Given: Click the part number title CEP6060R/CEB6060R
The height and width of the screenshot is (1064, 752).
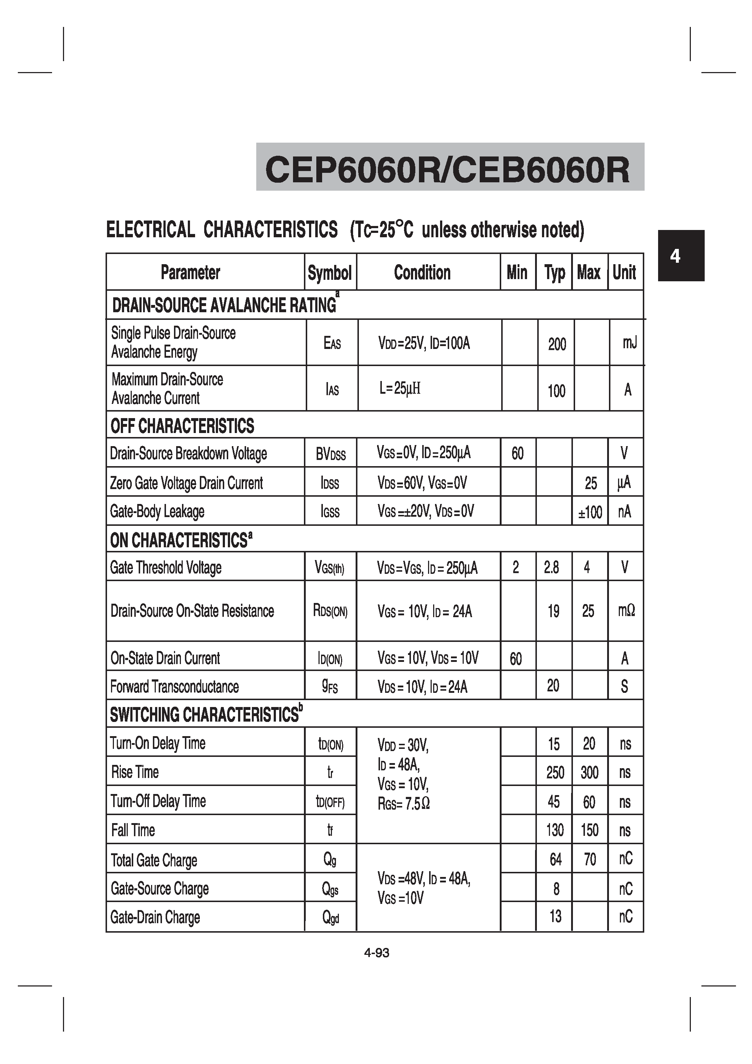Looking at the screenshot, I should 447,170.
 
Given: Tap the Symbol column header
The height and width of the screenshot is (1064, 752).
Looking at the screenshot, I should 330,273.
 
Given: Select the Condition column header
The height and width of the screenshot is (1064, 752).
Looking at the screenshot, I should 422,273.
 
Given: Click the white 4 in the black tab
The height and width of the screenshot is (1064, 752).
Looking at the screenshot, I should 675,256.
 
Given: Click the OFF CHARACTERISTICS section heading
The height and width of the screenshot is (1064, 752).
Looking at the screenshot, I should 182,426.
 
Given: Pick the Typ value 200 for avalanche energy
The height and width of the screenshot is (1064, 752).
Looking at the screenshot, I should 557,344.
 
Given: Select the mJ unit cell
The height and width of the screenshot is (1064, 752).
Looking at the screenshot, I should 629,343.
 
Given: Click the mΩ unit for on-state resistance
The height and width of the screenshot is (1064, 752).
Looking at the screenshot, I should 626,611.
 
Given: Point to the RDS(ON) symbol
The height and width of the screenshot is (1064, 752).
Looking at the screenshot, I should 330,611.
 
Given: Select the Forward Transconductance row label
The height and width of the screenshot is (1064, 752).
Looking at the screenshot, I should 174,686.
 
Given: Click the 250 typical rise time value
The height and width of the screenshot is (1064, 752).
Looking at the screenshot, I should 555,773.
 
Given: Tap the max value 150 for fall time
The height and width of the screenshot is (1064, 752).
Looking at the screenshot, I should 590,830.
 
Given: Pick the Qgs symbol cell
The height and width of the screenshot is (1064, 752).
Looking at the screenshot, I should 330,889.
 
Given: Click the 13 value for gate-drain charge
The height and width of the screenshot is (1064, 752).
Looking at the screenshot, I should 555,916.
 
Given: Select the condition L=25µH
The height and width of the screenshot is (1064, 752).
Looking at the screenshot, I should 400,388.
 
